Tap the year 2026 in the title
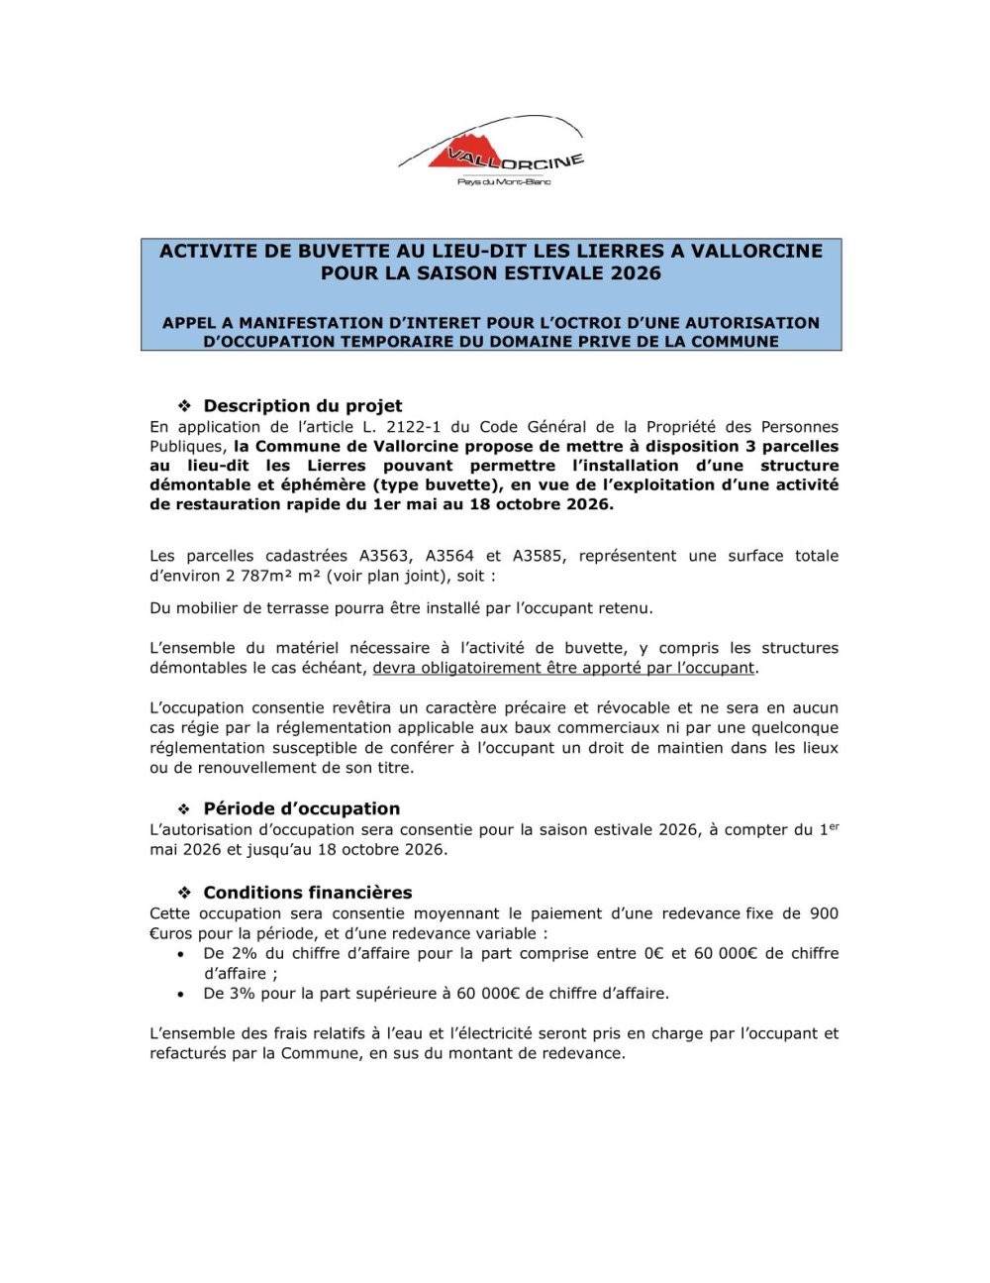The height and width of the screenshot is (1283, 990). (x=636, y=273)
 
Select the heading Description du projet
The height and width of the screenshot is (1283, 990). (x=303, y=405)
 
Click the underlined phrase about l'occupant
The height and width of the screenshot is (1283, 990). (x=563, y=668)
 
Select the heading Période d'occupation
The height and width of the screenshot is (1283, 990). (x=302, y=808)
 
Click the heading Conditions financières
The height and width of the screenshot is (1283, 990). (x=308, y=893)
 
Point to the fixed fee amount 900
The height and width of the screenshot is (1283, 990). (x=824, y=913)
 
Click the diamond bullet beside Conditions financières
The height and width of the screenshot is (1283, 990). (x=183, y=893)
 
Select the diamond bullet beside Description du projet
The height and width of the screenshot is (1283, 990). (x=183, y=405)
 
